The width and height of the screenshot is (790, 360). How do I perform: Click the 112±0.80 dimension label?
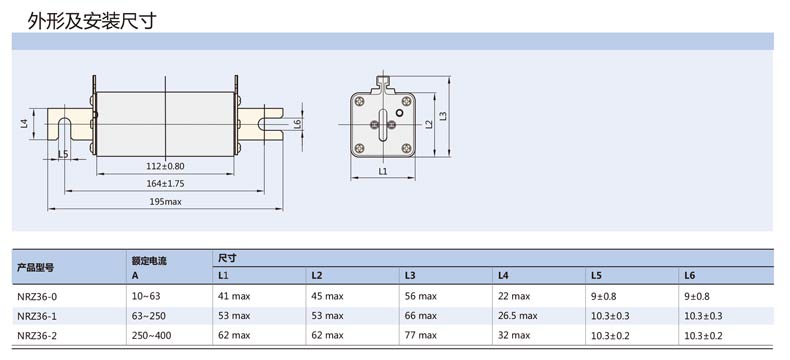[x=165, y=166]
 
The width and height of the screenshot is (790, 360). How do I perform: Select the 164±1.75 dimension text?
[x=165, y=183]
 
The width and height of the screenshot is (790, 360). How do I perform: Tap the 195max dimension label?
[x=165, y=201]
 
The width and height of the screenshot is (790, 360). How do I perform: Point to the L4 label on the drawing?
[x=24, y=123]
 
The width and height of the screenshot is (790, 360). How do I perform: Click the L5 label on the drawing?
[x=63, y=154]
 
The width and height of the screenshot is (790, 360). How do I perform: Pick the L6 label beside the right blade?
[x=297, y=124]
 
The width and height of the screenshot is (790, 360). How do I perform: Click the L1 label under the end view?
[x=382, y=171]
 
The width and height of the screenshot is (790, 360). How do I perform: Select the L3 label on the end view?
[x=443, y=116]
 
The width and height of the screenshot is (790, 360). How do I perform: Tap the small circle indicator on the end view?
[x=400, y=112]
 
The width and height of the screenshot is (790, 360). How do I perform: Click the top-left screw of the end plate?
[x=359, y=102]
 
